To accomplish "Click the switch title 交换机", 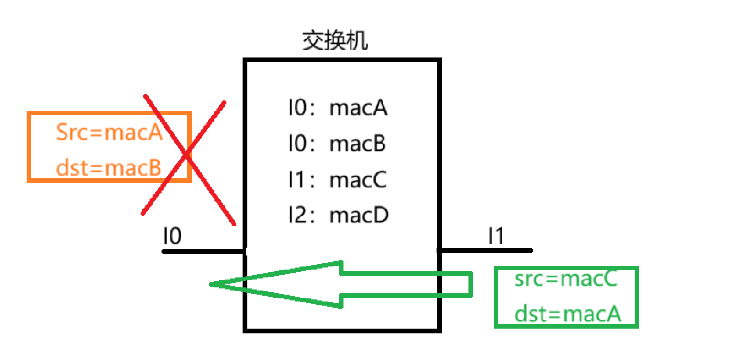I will click(335, 42).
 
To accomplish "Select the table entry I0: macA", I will click(338, 109).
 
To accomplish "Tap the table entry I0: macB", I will click(338, 144).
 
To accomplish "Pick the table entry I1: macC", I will click(338, 180).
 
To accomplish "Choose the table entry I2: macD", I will click(338, 215).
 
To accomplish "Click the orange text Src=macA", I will click(109, 133).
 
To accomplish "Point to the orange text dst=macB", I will click(109, 168).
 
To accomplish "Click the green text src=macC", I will click(566, 280).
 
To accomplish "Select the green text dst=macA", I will click(567, 315).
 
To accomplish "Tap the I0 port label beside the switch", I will click(172, 237).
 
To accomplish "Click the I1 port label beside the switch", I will click(496, 237).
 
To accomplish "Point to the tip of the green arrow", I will click(211, 285).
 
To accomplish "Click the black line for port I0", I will click(204, 251).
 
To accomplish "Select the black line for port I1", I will click(485, 251).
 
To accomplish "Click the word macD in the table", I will click(359, 215).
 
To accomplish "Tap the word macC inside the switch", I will click(358, 180).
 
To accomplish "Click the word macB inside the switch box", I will click(358, 144).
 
